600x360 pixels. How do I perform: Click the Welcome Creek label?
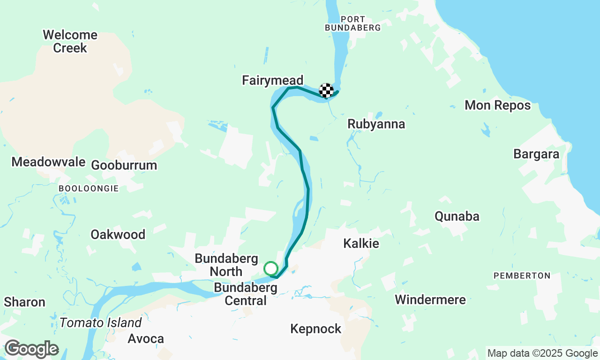tap(70, 41)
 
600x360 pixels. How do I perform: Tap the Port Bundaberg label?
tap(353, 23)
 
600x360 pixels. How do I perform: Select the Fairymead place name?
tap(272, 80)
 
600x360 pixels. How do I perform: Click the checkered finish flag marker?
tap(326, 90)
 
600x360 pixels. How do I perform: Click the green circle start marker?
tap(271, 269)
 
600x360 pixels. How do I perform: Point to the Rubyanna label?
tap(376, 124)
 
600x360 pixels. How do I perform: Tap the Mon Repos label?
tap(497, 105)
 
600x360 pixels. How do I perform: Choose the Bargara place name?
tap(536, 154)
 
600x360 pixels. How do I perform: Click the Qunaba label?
tap(457, 216)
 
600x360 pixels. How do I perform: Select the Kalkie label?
tap(361, 243)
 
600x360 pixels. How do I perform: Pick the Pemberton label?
tap(521, 276)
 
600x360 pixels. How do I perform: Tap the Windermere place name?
tap(430, 300)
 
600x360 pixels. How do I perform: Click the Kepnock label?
tap(315, 329)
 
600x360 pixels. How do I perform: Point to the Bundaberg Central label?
tap(246, 293)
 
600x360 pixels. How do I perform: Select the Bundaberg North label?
tap(226, 265)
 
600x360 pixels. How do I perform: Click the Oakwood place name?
tap(118, 234)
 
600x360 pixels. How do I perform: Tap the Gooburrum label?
tap(124, 165)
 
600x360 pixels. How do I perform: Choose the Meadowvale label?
tap(48, 162)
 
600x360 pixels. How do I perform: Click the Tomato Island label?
tap(100, 323)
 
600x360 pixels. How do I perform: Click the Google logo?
tap(31, 349)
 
